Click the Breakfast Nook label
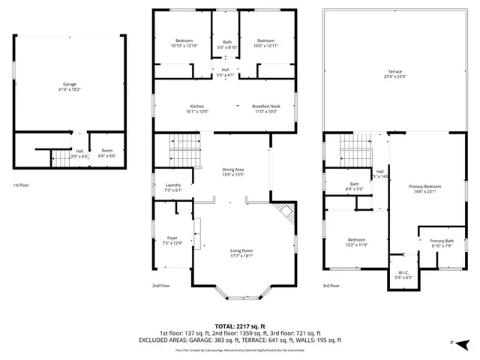pyautogui.click(x=266, y=106)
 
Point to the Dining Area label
pyautogui.click(x=232, y=169)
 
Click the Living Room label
pyautogui.click(x=241, y=251)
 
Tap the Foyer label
pyautogui.click(x=172, y=238)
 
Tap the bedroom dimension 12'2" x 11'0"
pyautogui.click(x=355, y=244)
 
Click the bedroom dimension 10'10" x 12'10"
pyautogui.click(x=184, y=46)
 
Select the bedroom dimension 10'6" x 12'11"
pyautogui.click(x=266, y=46)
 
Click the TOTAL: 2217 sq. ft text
pyautogui.click(x=240, y=325)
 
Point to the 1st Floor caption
pyautogui.click(x=22, y=184)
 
